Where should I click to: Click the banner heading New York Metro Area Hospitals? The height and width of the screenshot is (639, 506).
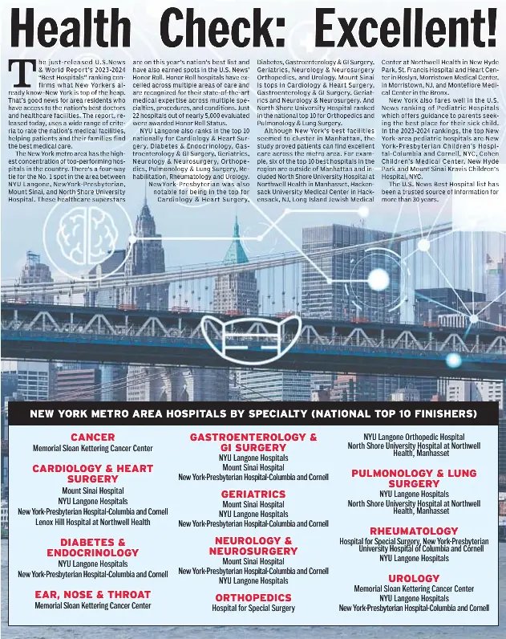253,414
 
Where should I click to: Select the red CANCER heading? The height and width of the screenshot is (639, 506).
92,438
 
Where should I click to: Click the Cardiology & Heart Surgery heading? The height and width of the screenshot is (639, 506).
92,474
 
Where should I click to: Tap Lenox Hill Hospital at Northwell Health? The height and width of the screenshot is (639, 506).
92,522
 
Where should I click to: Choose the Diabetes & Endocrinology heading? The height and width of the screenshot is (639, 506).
92,547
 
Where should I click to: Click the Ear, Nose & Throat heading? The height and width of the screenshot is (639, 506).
92,595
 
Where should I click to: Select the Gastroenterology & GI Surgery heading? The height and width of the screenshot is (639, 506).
253,442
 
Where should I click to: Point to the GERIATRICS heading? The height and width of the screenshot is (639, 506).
253,495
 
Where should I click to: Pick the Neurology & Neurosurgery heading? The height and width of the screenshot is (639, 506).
253,546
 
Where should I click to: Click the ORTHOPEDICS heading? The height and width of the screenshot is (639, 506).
253,598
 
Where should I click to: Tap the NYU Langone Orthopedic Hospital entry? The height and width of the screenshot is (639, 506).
414,438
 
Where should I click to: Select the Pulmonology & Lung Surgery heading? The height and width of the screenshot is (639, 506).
414,478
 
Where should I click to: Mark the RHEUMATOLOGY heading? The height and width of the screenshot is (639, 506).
414,531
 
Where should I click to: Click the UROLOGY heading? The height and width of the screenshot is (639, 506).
414,579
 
